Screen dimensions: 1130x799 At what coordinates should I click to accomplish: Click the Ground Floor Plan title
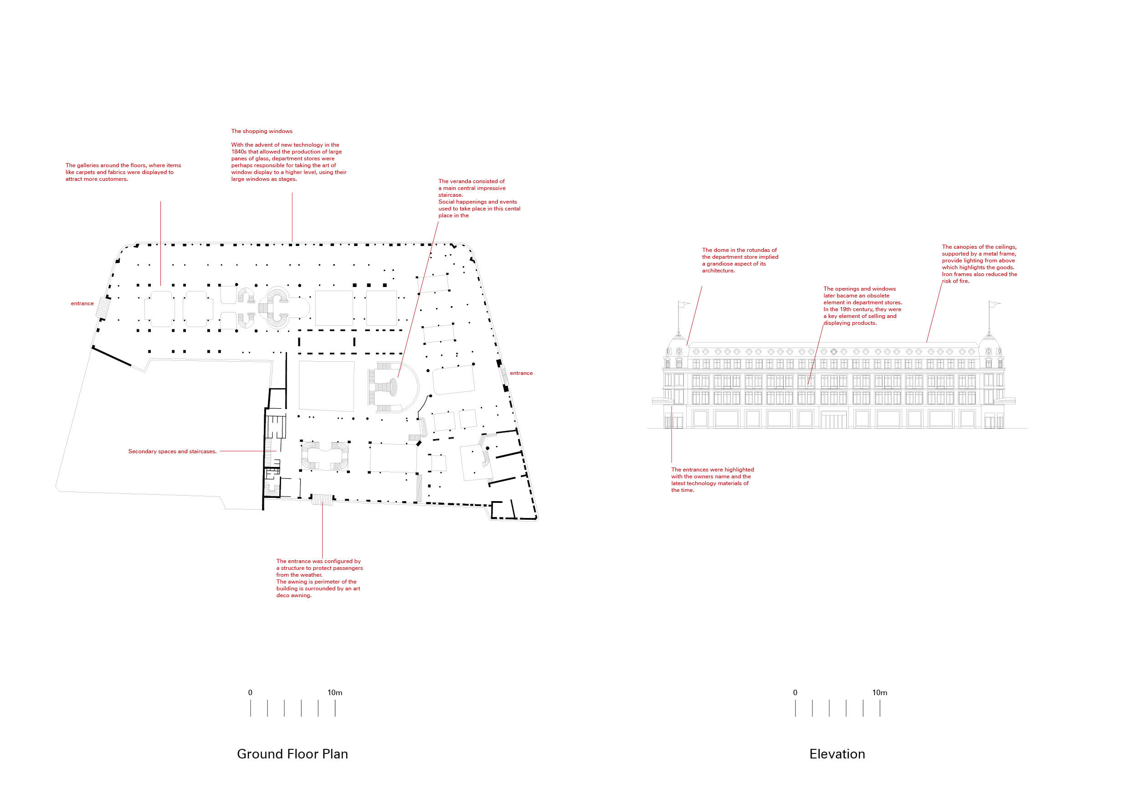[x=293, y=754]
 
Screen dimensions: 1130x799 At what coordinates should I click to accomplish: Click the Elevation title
[x=837, y=754]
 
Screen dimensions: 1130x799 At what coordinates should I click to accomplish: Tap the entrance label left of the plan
[x=82, y=303]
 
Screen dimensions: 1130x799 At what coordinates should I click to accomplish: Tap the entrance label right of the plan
[x=521, y=373]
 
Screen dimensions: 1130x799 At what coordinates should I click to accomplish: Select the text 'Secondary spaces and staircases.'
[x=172, y=451]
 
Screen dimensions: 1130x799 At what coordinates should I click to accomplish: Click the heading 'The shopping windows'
[x=262, y=131]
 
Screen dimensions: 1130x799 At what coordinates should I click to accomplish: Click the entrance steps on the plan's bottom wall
[x=322, y=499]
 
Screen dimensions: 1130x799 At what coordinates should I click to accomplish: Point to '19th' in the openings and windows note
[x=847, y=309]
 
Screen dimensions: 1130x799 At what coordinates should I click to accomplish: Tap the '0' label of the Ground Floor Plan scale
[x=250, y=692]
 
